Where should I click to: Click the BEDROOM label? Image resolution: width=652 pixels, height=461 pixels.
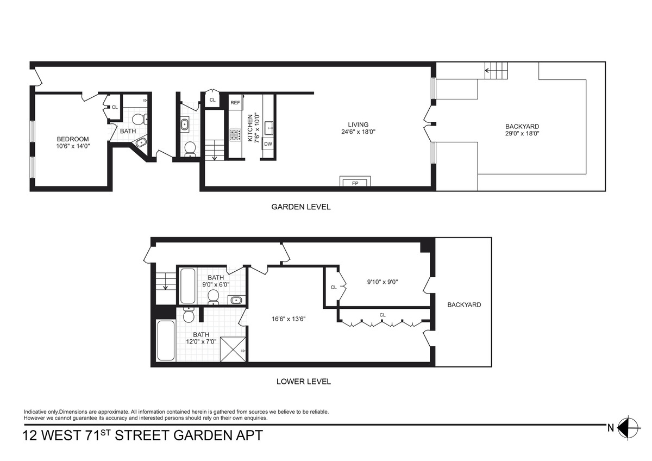pos(72,139)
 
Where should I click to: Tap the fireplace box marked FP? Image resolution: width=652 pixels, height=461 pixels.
pos(355,182)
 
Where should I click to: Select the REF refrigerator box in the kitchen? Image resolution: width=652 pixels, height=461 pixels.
pos(235,102)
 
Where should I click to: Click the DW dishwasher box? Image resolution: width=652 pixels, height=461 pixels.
pos(267,144)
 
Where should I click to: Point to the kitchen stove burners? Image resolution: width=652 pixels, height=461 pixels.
pos(235,134)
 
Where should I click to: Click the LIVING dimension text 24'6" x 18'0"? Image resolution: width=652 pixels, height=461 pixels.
pos(358,132)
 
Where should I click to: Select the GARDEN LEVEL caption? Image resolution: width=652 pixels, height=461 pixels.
pos(300,207)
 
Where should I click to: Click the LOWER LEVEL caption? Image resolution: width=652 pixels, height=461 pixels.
pos(303,381)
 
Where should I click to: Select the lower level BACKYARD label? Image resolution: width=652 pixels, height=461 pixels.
pos(464,305)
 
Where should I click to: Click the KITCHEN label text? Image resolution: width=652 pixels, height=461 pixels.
pos(250,128)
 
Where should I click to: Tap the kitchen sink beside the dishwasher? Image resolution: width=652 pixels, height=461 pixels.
pos(268,128)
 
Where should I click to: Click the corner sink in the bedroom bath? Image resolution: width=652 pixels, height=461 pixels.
pos(141,142)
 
